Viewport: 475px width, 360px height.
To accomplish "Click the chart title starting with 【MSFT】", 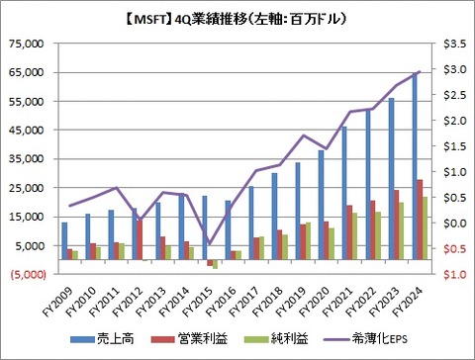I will pyautogui.click(x=238, y=17).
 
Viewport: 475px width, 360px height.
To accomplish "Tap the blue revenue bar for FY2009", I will pyautogui.click(x=64, y=241).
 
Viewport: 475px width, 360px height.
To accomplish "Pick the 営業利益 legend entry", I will pyautogui.click(x=199, y=339).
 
